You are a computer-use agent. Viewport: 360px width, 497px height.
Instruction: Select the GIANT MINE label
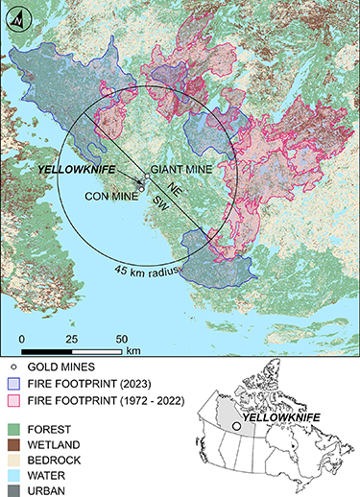174,169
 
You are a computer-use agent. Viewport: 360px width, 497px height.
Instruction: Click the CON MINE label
108,197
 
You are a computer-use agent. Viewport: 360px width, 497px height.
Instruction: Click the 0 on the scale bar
21,339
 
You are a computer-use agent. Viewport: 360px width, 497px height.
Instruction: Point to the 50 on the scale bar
121,339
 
